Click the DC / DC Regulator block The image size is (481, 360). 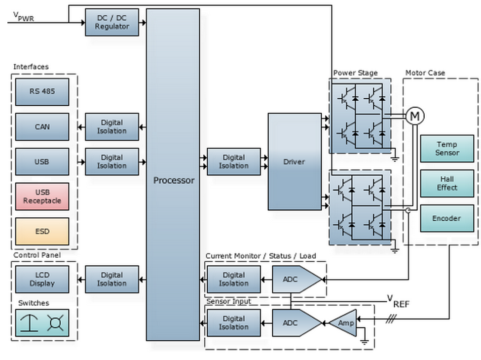tap(112, 22)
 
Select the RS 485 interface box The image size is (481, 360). tap(42, 91)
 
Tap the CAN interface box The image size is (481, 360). tap(42, 127)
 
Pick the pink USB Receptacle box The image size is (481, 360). tap(42, 197)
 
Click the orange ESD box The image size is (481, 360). tap(42, 231)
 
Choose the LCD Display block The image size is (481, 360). tap(42, 280)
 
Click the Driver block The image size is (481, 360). tap(294, 161)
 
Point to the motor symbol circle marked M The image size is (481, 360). tap(415, 116)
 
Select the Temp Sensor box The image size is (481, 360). tap(447, 149)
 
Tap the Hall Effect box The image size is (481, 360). tap(447, 183)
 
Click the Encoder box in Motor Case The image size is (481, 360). tap(447, 218)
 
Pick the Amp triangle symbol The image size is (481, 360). tap(344, 323)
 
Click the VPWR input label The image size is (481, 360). tap(22, 17)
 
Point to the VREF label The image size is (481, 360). tap(398, 301)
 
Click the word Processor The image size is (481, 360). tap(174, 180)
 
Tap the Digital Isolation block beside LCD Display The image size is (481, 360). tap(112, 280)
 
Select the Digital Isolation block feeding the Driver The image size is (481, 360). tap(234, 161)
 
